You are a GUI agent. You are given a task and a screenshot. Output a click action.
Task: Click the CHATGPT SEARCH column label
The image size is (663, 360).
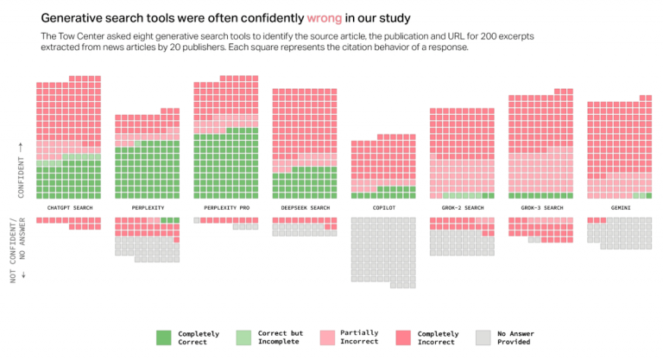(69, 208)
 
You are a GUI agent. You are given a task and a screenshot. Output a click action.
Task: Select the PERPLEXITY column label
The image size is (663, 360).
(148, 208)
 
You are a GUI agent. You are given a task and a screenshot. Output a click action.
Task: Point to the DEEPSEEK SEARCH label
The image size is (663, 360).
(305, 208)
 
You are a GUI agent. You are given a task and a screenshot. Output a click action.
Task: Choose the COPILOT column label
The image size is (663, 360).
(383, 208)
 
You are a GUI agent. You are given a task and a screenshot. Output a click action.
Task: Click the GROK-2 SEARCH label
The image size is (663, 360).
(462, 208)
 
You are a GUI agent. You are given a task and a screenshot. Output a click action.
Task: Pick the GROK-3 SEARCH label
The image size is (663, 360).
(541, 208)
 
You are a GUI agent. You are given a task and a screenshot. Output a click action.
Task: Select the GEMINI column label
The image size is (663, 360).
(620, 208)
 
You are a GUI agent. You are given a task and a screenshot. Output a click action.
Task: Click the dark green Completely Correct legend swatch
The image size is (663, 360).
(164, 337)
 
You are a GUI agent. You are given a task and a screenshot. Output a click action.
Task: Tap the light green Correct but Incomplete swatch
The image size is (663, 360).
(243, 337)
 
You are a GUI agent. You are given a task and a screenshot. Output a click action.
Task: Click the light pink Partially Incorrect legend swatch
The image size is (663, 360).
(326, 337)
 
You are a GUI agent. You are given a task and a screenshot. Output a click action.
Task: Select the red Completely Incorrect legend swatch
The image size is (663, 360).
(403, 337)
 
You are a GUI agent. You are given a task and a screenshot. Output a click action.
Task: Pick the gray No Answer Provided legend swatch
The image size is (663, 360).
(483, 337)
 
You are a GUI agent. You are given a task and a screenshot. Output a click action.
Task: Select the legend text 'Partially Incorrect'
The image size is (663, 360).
(359, 337)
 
